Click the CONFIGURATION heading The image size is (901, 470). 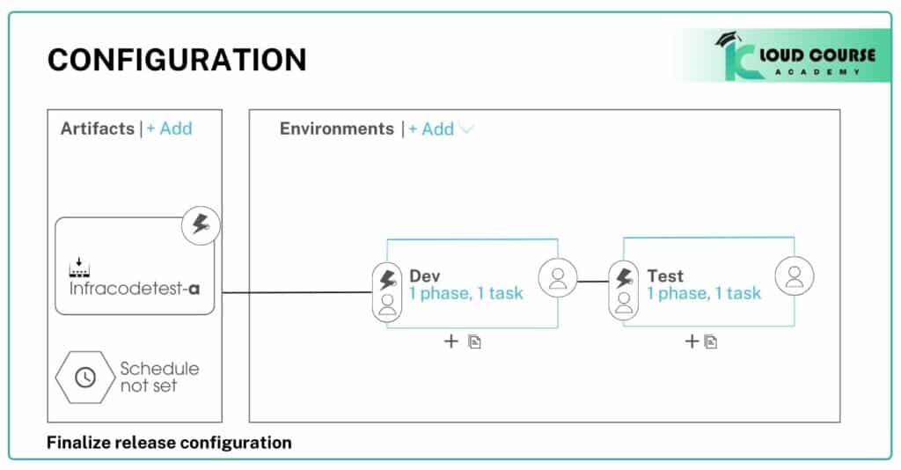(177, 60)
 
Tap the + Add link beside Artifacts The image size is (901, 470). (169, 129)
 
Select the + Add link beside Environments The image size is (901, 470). (431, 129)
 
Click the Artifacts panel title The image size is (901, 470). (97, 129)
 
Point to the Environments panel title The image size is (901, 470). (336, 129)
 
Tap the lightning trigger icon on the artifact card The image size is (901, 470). (201, 226)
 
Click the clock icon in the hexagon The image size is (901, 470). (85, 377)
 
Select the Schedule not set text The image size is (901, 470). (159, 377)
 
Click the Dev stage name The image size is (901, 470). (425, 276)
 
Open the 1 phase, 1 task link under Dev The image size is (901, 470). (466, 293)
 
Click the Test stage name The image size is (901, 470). (665, 276)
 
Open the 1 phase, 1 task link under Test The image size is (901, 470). (704, 293)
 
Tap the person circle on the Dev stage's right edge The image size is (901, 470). (557, 277)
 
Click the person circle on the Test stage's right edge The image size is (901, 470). (794, 277)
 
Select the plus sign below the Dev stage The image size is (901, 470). (450, 341)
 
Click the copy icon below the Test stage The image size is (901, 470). (711, 341)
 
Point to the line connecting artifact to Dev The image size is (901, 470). (295, 292)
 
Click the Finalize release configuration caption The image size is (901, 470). (169, 442)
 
